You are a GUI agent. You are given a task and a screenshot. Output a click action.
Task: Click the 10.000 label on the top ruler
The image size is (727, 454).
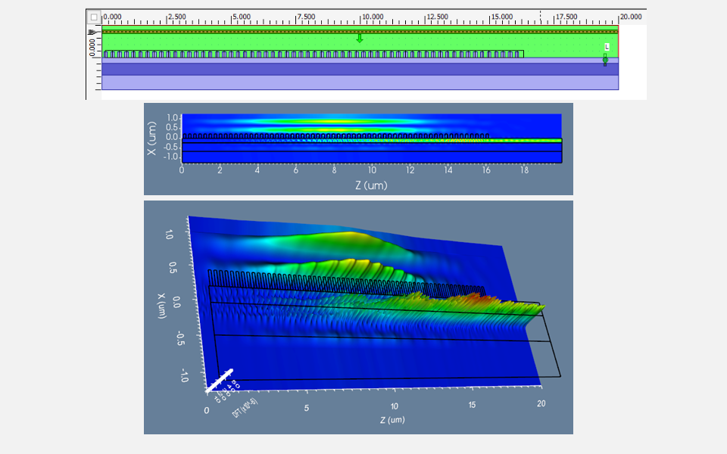(373, 17)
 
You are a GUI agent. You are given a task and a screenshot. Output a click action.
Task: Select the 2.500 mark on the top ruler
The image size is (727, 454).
(177, 17)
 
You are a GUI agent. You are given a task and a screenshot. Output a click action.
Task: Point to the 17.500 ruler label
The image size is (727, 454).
(566, 17)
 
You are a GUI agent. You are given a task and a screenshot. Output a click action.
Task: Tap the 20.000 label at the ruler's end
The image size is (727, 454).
(632, 17)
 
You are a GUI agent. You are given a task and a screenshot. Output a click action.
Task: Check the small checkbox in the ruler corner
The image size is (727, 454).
(94, 17)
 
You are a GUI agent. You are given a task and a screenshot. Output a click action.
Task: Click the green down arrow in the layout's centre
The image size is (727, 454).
(360, 38)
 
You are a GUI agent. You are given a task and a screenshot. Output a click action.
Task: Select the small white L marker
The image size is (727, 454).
(607, 47)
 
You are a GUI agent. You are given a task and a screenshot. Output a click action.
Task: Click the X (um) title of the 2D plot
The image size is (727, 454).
(153, 138)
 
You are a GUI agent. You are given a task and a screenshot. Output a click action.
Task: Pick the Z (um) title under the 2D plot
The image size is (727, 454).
(371, 185)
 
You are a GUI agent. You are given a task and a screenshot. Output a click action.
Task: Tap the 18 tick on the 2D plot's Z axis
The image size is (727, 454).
(524, 172)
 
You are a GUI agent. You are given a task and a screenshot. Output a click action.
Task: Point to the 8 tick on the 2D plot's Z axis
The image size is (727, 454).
(334, 172)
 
